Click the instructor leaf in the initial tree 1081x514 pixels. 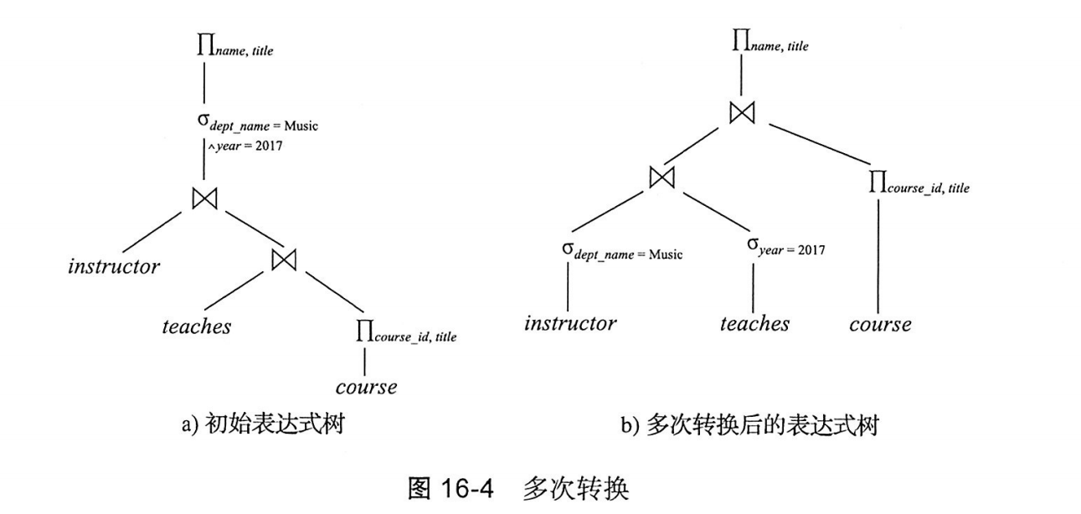click(x=114, y=268)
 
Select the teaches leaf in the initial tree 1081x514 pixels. click(x=196, y=326)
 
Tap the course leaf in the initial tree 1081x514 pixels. click(x=366, y=387)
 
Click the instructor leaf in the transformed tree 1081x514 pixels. click(x=570, y=323)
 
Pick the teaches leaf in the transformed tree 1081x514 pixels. click(x=754, y=323)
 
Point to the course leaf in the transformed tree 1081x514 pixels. click(x=879, y=324)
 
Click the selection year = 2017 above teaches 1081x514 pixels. click(x=785, y=248)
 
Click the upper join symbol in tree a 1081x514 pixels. click(x=205, y=198)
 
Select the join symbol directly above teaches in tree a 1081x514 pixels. click(x=285, y=260)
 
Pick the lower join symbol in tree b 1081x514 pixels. click(x=662, y=177)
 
